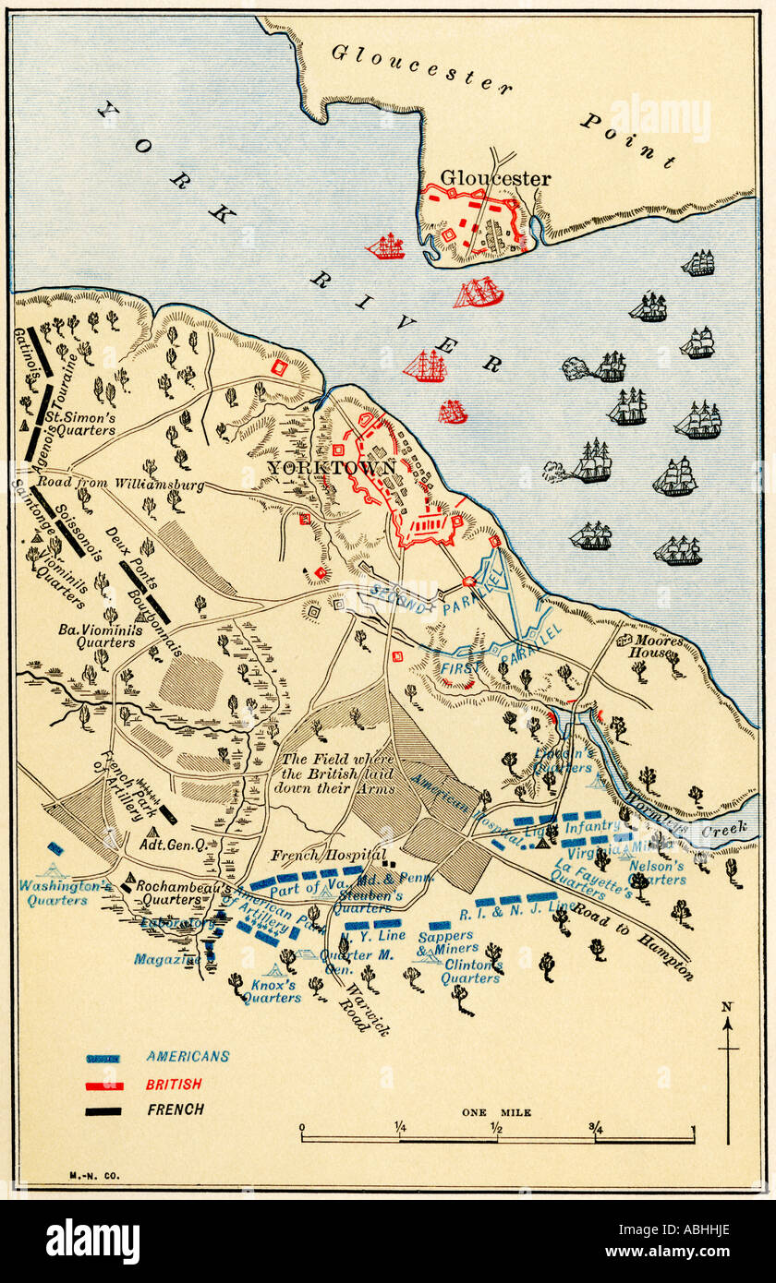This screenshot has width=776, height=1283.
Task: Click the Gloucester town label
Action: pyautogui.click(x=494, y=178)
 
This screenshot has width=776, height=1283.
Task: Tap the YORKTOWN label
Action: pyautogui.click(x=332, y=468)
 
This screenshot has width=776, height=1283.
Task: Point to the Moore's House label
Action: pyautogui.click(x=658, y=646)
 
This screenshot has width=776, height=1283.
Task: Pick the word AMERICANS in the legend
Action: pyautogui.click(x=187, y=1057)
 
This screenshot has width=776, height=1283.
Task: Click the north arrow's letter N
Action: pyautogui.click(x=727, y=1007)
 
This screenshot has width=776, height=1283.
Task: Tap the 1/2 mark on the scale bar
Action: pyautogui.click(x=497, y=1127)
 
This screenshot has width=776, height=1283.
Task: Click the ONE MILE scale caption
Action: pyautogui.click(x=497, y=1113)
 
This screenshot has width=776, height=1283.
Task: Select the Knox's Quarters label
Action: pyautogui.click(x=272, y=990)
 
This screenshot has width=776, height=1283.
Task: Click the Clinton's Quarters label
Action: pyautogui.click(x=472, y=971)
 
